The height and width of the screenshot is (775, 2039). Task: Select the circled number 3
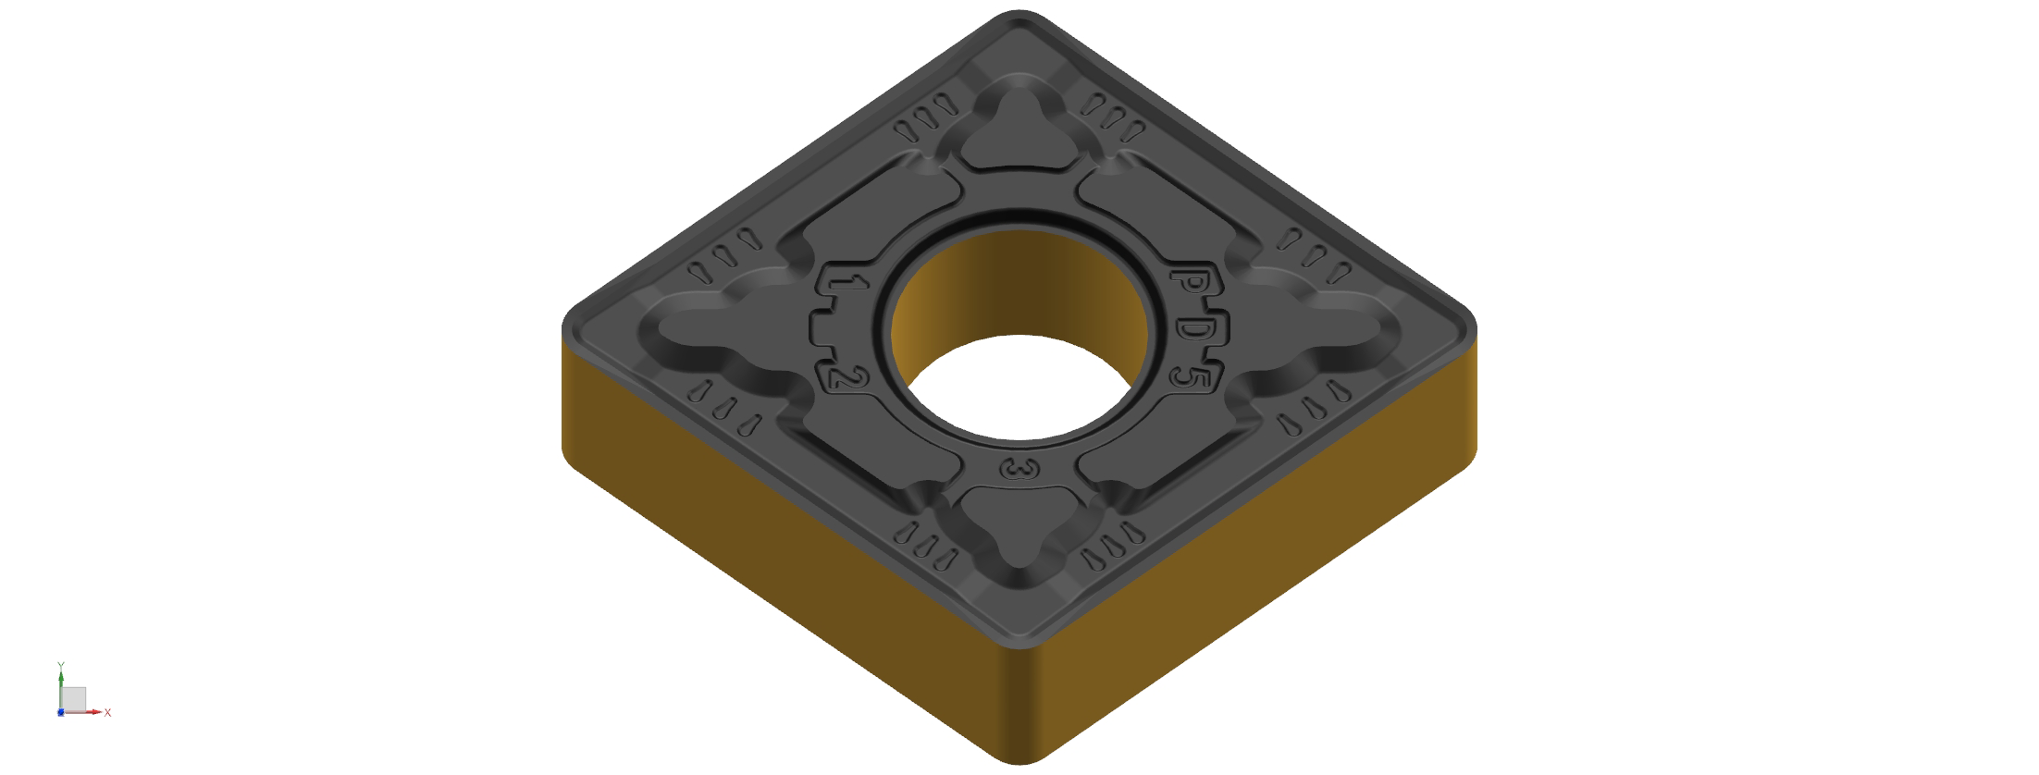pos(1019,470)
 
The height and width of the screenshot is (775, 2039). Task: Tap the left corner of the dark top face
pos(563,329)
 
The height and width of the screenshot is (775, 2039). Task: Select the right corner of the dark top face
pos(1475,329)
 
